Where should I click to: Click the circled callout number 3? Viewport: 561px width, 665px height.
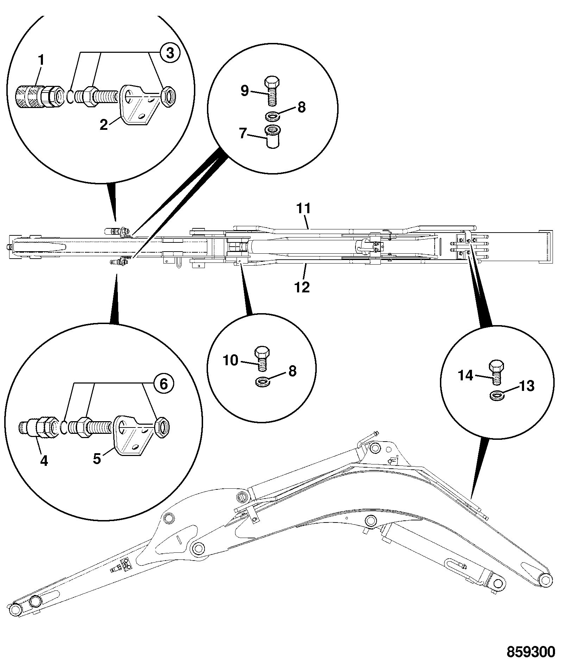(x=170, y=53)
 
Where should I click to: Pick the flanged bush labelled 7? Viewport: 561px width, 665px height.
(x=271, y=136)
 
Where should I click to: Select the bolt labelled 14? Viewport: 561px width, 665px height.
(x=496, y=373)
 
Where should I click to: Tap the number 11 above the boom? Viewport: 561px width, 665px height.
(x=304, y=208)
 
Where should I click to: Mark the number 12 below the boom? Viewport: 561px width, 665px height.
(x=302, y=287)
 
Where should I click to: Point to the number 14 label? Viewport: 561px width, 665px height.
(x=466, y=376)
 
